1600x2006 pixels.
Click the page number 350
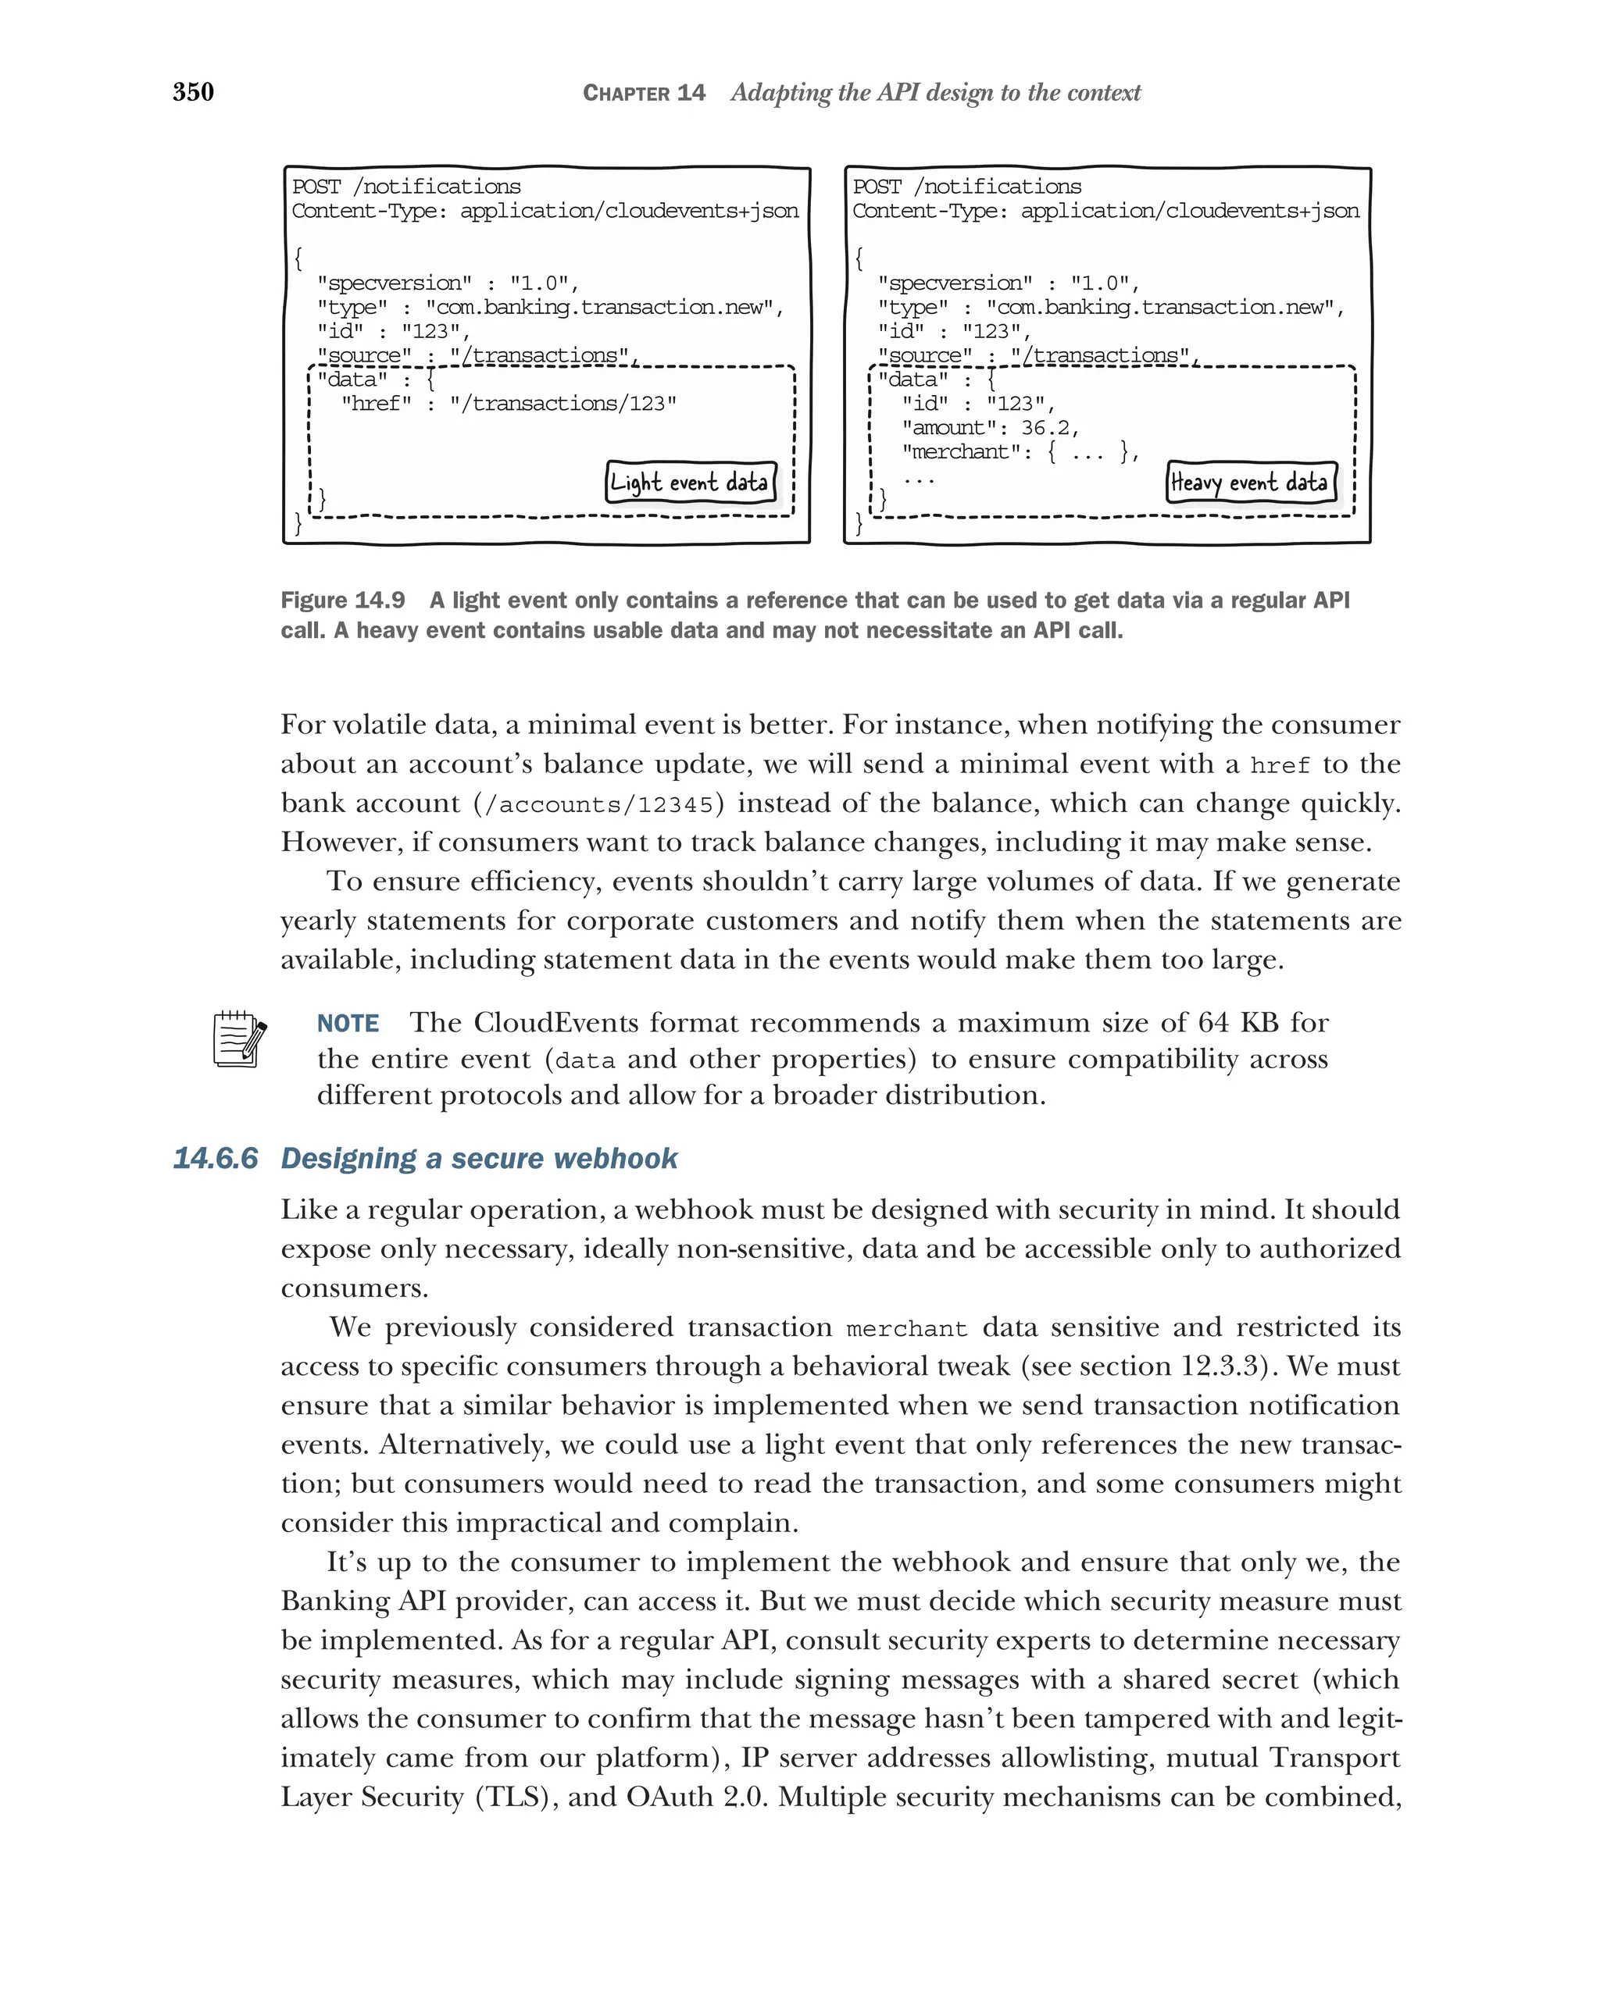pos(194,91)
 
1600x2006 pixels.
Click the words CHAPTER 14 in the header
pos(643,93)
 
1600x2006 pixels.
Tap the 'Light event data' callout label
pos(690,482)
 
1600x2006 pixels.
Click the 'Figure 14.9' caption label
pos(342,600)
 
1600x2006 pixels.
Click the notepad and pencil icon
pos(239,1039)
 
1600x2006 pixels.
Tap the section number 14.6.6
pos(215,1158)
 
